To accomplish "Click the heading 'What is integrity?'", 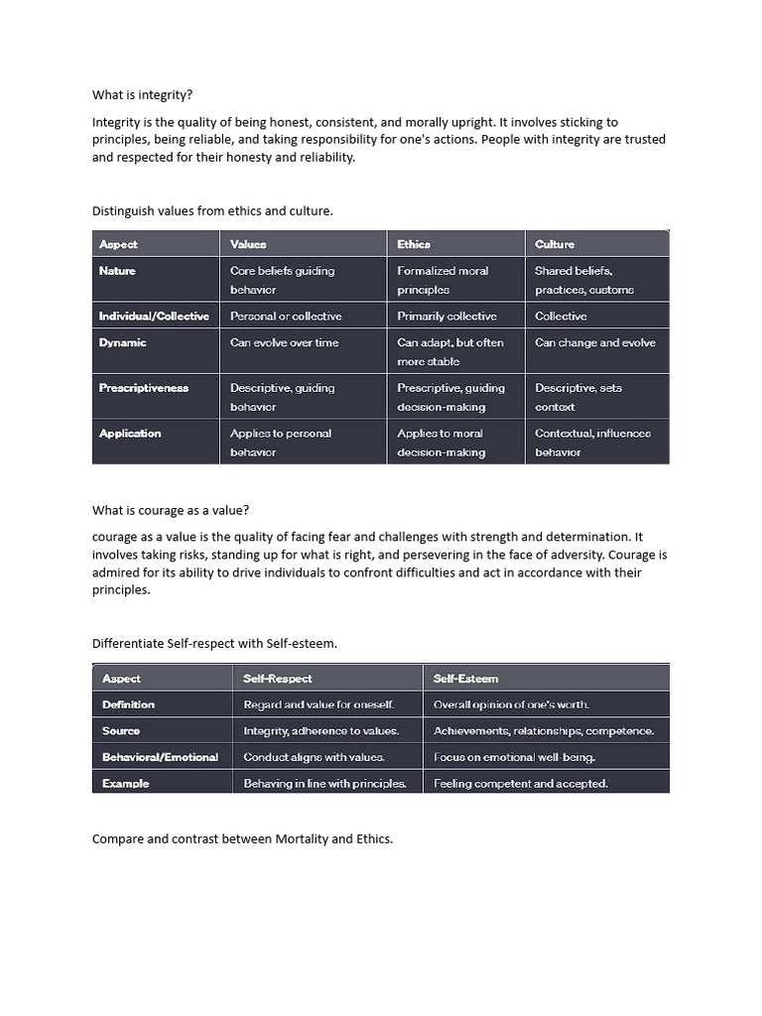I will (142, 95).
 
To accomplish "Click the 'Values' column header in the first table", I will (248, 244).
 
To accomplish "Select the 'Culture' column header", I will (554, 244).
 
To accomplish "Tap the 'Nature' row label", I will (117, 271).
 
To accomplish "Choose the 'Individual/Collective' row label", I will (154, 317).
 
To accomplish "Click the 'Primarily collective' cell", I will (446, 317).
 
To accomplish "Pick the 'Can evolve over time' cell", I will (284, 342).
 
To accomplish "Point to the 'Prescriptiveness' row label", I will (143, 388).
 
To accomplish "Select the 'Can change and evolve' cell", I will (594, 342).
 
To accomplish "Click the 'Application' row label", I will (129, 434).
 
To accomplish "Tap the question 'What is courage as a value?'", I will (171, 510).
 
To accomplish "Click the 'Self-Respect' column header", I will (278, 679).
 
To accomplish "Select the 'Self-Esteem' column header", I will (465, 679).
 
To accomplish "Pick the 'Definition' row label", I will (128, 704).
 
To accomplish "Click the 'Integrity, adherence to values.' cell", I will (321, 731).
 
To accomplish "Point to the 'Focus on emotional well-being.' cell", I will (514, 757).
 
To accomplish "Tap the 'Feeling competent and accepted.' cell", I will (521, 784).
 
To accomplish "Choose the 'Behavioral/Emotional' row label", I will (160, 757).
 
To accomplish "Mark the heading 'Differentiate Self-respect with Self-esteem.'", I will (214, 643).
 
